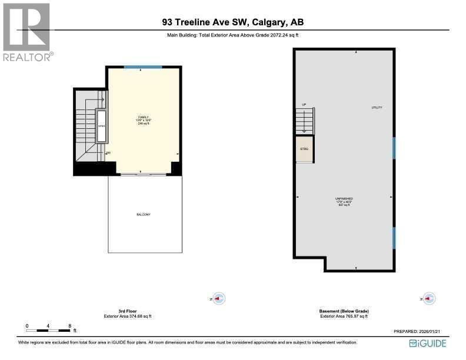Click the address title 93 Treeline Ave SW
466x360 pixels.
click(x=233, y=23)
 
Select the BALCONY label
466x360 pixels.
click(x=143, y=214)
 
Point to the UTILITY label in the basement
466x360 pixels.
click(x=377, y=108)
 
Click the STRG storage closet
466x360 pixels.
click(x=304, y=149)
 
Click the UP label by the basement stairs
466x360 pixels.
click(x=304, y=105)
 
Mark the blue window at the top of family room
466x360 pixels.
click(x=143, y=68)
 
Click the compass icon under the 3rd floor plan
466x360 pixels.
click(x=218, y=299)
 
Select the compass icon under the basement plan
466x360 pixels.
click(x=430, y=299)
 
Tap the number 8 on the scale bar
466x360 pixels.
click(x=69, y=325)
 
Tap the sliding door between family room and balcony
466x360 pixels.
click(x=143, y=175)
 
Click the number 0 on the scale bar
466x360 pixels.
click(x=27, y=325)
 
